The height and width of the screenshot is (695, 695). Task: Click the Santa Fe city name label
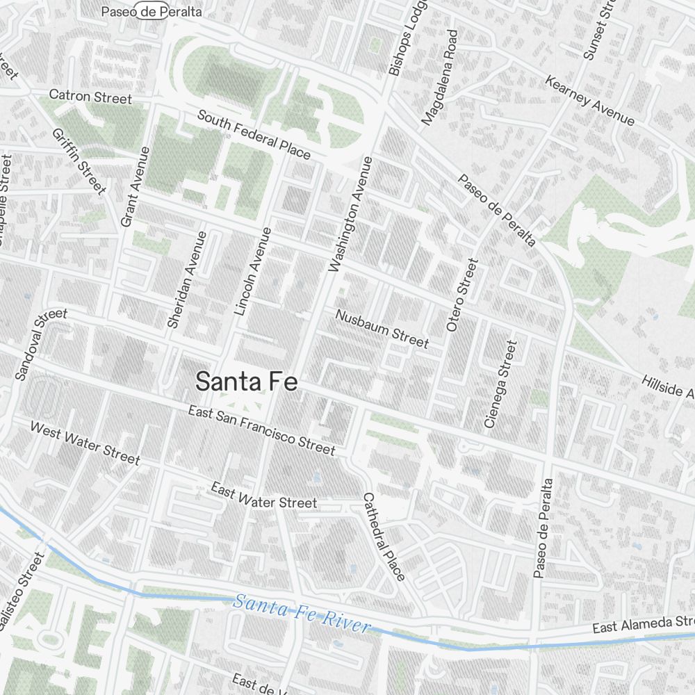click(x=247, y=382)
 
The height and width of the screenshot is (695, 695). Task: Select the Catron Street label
click(x=90, y=96)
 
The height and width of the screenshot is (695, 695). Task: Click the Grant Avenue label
click(x=135, y=186)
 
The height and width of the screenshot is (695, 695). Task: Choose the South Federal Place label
click(x=254, y=134)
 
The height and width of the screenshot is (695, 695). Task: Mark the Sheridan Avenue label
click(x=187, y=279)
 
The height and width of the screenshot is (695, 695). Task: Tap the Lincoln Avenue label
click(x=252, y=272)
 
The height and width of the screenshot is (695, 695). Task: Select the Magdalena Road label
click(x=440, y=77)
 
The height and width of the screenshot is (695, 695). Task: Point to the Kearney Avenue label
click(x=590, y=101)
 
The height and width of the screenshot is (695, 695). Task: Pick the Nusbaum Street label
click(x=382, y=328)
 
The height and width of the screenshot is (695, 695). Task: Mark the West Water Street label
click(x=85, y=443)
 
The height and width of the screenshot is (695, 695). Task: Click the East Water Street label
click(x=264, y=497)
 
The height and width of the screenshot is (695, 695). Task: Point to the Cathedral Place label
click(x=383, y=537)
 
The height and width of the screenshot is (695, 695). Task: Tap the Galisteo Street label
click(x=22, y=592)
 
